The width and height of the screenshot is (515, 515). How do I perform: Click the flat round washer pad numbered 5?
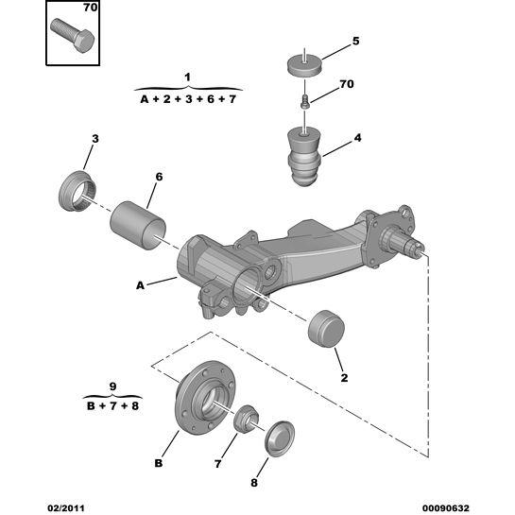[x=304, y=64]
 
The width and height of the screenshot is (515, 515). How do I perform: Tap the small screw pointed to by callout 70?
[x=305, y=101]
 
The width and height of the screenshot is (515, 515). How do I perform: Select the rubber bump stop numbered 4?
[x=304, y=157]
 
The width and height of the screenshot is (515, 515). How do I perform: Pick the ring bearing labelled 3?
[x=77, y=191]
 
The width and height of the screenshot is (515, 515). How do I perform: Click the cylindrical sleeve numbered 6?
[x=138, y=225]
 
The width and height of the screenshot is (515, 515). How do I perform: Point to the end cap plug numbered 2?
[x=326, y=329]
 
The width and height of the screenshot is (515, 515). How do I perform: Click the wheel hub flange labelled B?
[x=205, y=398]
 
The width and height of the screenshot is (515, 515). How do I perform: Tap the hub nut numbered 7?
[x=246, y=420]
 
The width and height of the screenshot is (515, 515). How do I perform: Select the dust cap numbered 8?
[x=280, y=438]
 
